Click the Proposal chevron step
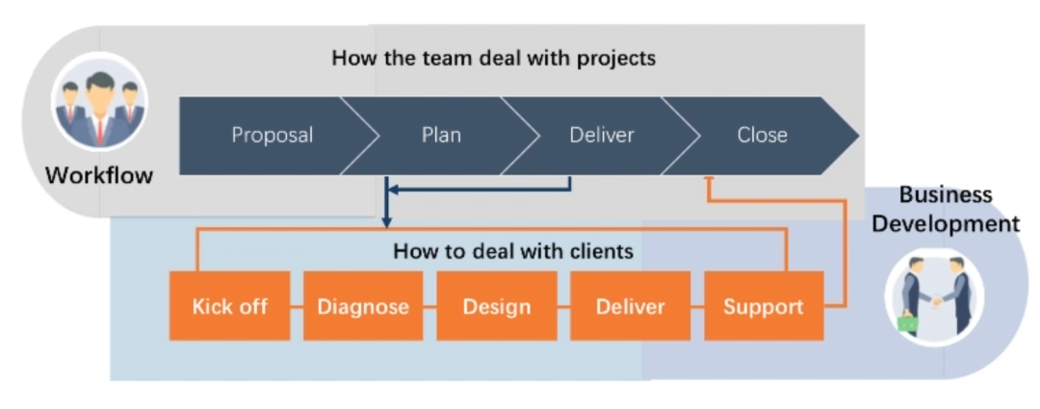coord(271,136)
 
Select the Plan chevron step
coord(441,136)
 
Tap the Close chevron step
coord(762,136)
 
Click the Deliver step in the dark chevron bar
coord(602,136)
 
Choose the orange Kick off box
coord(229,307)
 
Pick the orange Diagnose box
coord(363,307)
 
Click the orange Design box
coord(496,307)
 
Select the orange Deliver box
coord(630,307)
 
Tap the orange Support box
coord(763,307)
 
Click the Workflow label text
coord(99,176)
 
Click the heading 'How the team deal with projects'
coord(493,58)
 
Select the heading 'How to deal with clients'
coord(513,252)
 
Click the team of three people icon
coord(99,106)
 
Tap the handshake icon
coord(933,294)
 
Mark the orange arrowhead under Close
coord(708,180)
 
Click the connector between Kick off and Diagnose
coord(297,307)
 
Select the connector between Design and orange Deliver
coord(563,307)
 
